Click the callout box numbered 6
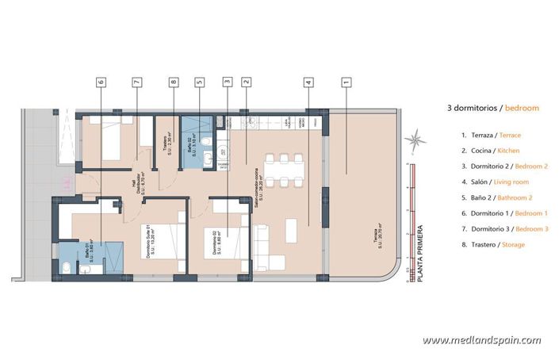[x=101, y=81]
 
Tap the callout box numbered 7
[x=136, y=81]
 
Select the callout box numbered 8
[x=173, y=81]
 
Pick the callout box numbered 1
[x=346, y=81]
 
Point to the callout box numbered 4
[x=307, y=81]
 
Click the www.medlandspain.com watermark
[x=481, y=340]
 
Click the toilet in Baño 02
[x=205, y=140]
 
